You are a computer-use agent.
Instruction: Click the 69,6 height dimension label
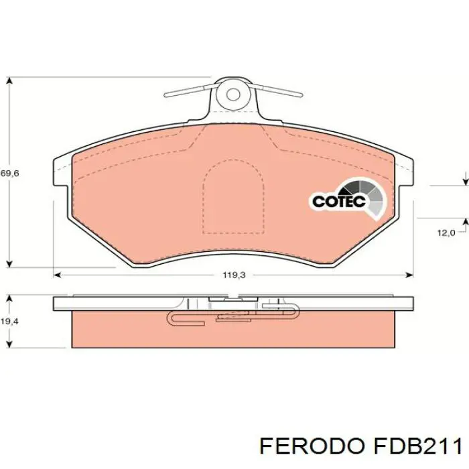[10, 173]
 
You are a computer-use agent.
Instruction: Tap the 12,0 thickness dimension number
[446, 232]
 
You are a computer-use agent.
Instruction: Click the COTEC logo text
[337, 201]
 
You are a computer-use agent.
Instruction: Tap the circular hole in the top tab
[232, 94]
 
